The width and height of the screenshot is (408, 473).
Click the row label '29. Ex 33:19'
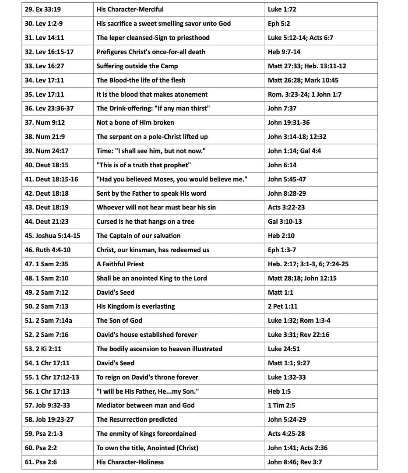[42, 9]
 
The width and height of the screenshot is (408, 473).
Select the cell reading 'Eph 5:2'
[279, 24]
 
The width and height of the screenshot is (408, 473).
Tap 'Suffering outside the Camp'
[137, 66]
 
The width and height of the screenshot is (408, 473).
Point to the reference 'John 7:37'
[282, 109]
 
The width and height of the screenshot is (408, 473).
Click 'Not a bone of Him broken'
[135, 123]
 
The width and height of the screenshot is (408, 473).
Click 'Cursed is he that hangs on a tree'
[145, 222]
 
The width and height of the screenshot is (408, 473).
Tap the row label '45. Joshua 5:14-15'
[53, 236]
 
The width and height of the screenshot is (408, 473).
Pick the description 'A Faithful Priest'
[120, 264]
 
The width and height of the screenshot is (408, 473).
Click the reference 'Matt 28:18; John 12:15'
[302, 278]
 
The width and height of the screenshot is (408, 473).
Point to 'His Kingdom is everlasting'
[136, 307]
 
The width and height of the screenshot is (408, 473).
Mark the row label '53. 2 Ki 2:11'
[43, 349]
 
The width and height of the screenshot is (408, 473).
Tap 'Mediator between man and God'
[145, 406]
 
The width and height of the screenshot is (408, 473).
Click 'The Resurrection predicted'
[137, 420]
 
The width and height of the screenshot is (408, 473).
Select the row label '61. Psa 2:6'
[41, 462]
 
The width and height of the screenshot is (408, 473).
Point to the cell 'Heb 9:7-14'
[284, 52]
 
